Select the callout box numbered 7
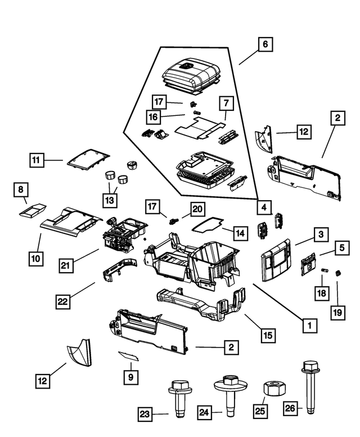coord(226,103)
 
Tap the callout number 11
coord(37,160)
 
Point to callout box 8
coord(20,190)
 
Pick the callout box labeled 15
coord(268,335)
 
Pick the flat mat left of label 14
coord(206,225)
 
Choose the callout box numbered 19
coord(337,311)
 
